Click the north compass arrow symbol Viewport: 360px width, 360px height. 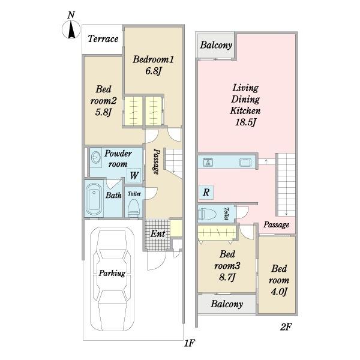[71, 29]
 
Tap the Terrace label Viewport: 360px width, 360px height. [103, 38]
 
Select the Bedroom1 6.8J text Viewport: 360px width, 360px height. [153, 65]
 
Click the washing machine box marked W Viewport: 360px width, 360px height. [134, 176]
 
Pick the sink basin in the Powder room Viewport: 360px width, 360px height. [96, 158]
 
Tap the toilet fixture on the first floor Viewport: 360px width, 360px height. [134, 208]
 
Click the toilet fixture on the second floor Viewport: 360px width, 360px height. [208, 214]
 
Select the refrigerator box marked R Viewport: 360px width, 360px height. [206, 192]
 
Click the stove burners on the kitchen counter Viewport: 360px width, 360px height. [208, 163]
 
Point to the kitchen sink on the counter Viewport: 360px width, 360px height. [245, 163]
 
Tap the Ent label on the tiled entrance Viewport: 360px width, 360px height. [158, 234]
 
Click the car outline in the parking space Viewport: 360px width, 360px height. [112, 279]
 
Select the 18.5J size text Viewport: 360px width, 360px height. [245, 122]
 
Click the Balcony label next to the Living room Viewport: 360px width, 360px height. [216, 45]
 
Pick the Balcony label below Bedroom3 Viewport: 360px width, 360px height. [227, 304]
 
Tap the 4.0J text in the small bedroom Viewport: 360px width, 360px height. [279, 292]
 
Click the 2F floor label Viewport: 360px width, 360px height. [286, 327]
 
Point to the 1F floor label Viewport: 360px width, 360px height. [190, 343]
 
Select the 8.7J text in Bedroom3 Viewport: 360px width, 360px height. [227, 277]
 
